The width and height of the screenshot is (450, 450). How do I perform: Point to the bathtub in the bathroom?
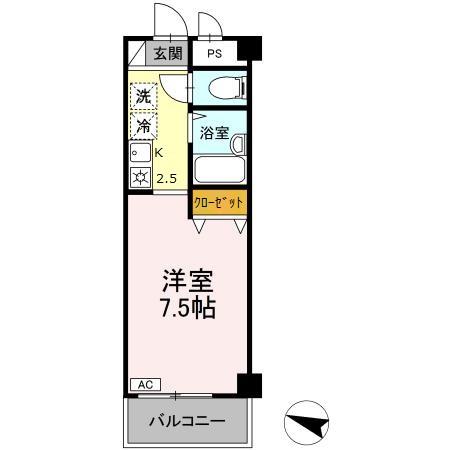click(217, 167)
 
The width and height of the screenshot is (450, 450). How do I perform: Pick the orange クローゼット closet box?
click(219, 203)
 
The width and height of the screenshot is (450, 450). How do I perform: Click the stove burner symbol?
click(140, 179)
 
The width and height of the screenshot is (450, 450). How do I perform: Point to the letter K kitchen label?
click(160, 153)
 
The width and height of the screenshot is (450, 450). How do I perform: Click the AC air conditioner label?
click(142, 384)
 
